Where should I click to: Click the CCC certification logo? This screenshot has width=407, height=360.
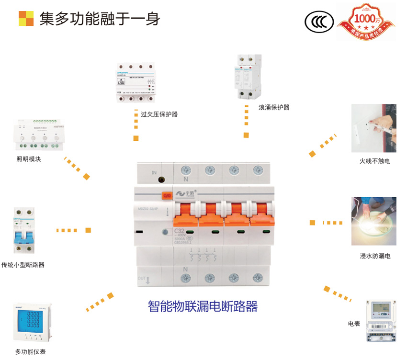pos(318,22)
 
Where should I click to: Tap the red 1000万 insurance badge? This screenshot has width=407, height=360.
pos(366,22)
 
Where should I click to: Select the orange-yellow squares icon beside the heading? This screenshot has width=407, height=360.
pos(26,18)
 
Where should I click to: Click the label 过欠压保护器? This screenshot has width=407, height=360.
pos(159,114)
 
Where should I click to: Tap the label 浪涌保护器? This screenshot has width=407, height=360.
pos(274,107)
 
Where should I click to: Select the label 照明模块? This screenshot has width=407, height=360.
pos(29,159)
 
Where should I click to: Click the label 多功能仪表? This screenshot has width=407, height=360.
pos(31,352)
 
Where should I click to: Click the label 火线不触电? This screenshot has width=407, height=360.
pos(375,161)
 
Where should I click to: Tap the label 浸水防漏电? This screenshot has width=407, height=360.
pos(375,256)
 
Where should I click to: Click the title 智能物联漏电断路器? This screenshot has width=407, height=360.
pos(203,306)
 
